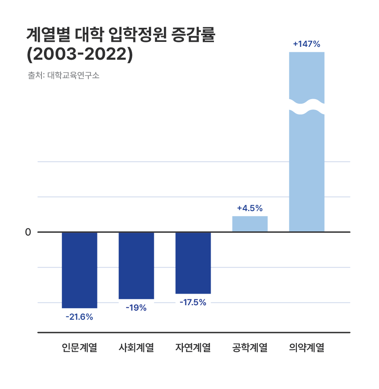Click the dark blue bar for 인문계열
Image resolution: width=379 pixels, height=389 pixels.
coord(79,270)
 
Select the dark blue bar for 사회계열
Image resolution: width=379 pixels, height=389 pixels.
coord(136,265)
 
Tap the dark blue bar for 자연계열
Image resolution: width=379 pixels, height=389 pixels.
coord(193,263)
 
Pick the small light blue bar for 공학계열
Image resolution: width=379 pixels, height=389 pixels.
coord(250,224)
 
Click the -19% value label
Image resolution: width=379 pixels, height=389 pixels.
coord(136,308)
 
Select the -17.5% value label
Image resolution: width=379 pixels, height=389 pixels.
coord(193,302)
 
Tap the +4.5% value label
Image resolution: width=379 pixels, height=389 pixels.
coord(250,208)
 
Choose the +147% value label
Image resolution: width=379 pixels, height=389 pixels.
coord(306,44)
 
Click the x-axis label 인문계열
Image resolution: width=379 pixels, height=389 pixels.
coord(79,348)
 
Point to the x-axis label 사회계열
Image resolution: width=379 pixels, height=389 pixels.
coord(136,348)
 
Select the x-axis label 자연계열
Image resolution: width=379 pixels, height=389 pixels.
coord(193,348)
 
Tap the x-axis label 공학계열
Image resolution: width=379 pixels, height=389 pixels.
coord(250,348)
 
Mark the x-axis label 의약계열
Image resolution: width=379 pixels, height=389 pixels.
coord(306,348)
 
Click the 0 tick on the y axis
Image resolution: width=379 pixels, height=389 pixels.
coord(28,232)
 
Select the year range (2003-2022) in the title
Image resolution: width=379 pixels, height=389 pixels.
coord(80,55)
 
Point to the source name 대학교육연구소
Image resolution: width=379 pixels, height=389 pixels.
coord(73,76)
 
